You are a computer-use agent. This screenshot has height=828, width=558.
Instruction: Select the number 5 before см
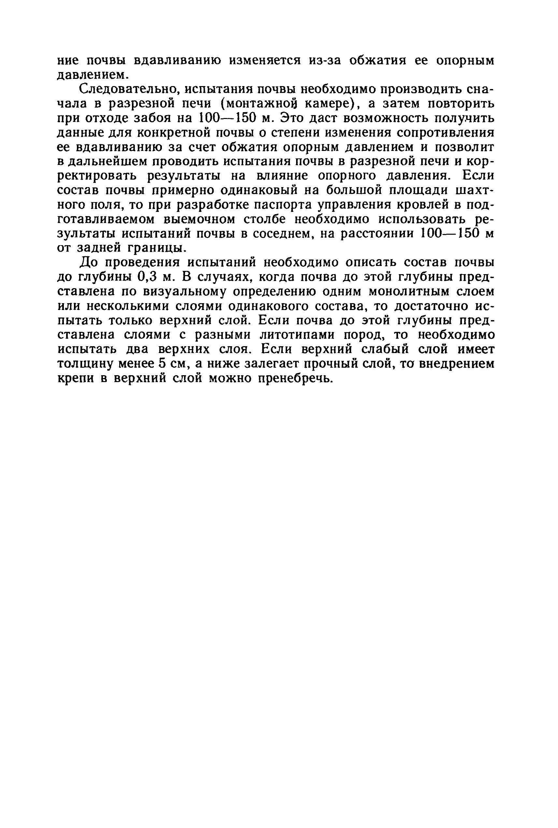(x=163, y=364)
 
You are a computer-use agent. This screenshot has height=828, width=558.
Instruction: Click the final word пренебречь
(x=295, y=378)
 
